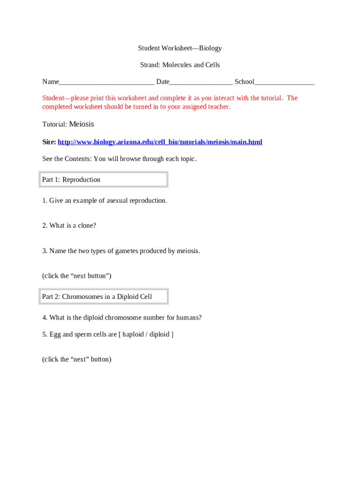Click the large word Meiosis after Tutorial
(81, 124)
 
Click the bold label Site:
(49, 142)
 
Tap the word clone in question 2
(86, 225)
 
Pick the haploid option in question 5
(134, 334)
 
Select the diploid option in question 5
(160, 334)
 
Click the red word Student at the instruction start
(54, 98)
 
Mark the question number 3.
(44, 251)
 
